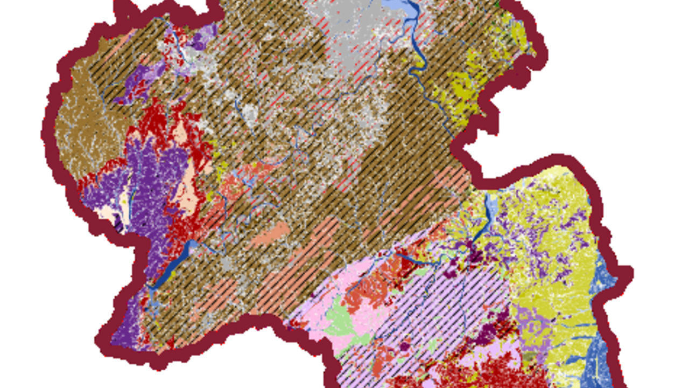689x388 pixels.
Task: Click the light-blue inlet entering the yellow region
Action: coord(490,210)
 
